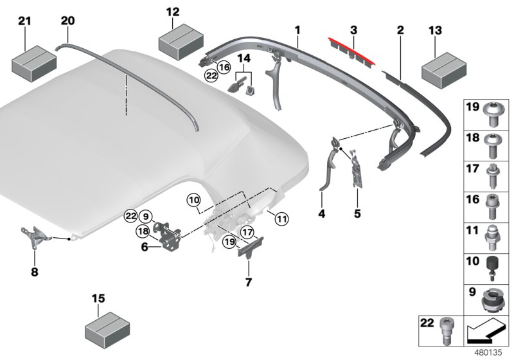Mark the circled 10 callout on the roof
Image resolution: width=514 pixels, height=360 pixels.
[x=194, y=199]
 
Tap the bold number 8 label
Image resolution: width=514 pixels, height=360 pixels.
[x=35, y=272]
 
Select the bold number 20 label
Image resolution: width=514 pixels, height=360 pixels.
[x=67, y=21]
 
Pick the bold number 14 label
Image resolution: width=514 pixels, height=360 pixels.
[x=243, y=59]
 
